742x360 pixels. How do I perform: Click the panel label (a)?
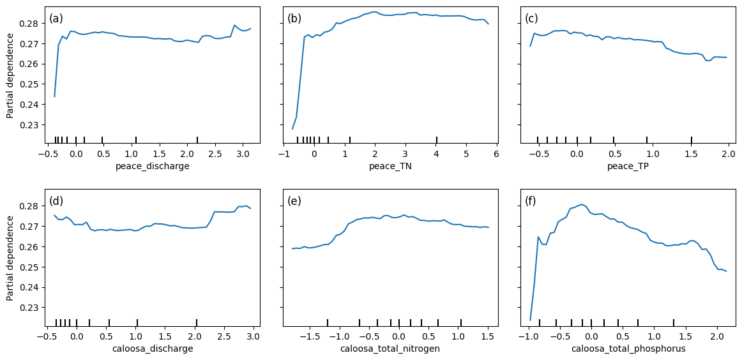pos(56,19)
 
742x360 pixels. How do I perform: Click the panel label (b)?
pos(294,19)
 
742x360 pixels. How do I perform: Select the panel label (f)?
pos(531,201)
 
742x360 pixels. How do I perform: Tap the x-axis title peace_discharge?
pos(152,167)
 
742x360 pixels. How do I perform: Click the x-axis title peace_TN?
pos(390,167)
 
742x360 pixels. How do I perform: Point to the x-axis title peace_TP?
pos(627,167)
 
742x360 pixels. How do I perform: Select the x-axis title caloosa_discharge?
pos(152,349)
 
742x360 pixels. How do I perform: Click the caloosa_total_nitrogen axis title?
pos(390,349)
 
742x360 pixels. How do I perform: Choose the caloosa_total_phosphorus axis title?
pos(627,349)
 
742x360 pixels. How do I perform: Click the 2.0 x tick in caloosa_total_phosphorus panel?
pos(716,336)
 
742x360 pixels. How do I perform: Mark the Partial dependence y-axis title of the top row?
pos(10,75)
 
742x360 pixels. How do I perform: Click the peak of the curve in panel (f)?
pos(582,204)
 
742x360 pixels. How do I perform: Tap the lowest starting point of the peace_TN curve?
pos(292,129)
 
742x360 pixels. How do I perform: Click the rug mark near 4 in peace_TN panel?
pos(437,140)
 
